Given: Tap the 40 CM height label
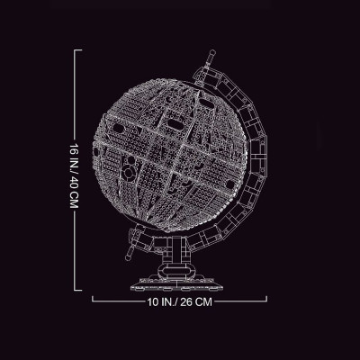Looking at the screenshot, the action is click(74, 195).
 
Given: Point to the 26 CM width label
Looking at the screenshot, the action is click(196, 301).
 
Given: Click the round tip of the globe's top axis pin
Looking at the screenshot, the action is click(212, 52).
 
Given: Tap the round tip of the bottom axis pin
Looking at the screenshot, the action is click(129, 257).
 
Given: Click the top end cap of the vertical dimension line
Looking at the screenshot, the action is click(77, 50).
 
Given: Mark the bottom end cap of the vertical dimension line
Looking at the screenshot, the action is click(77, 290).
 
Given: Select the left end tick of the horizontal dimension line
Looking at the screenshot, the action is click(93, 299).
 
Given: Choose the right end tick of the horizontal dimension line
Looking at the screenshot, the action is click(266, 299).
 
